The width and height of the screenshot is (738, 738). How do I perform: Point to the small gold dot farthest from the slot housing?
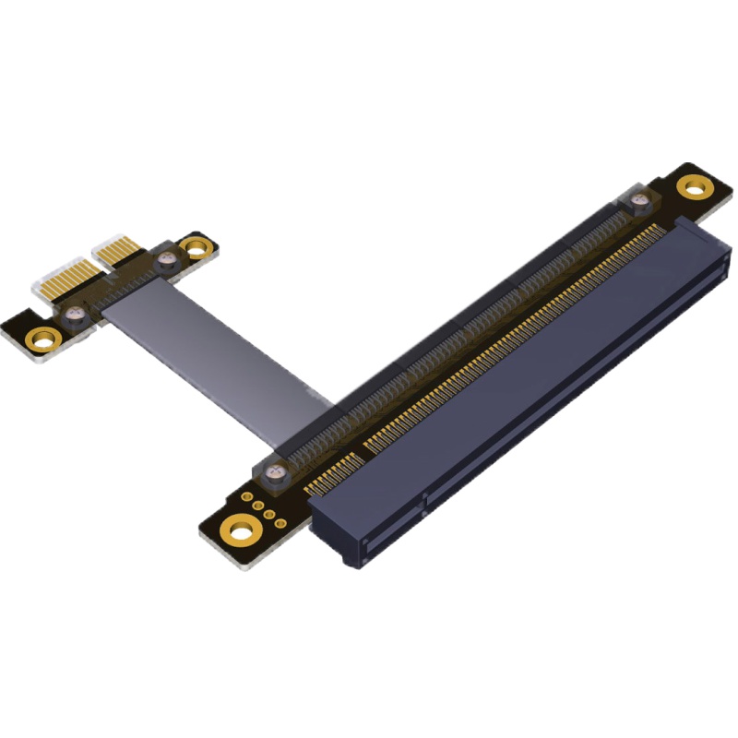point(248,497)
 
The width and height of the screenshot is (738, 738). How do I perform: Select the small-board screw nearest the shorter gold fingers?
point(167,262)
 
